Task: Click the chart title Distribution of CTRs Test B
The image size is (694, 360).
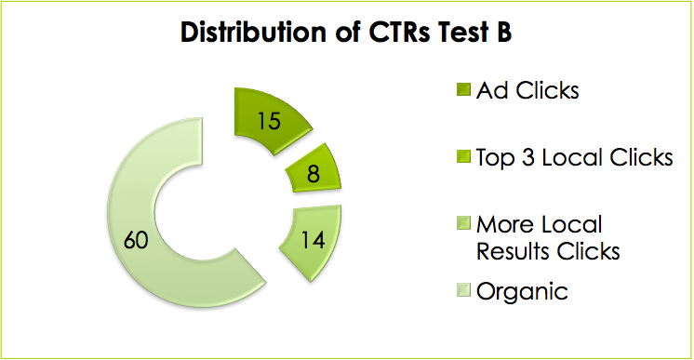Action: point(346,32)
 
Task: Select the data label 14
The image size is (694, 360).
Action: point(313,240)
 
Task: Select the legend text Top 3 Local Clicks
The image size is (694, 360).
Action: point(573,158)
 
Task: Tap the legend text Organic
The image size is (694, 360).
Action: point(521,292)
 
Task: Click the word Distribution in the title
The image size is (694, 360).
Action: point(244,32)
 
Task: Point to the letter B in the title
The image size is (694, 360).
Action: point(503,32)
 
